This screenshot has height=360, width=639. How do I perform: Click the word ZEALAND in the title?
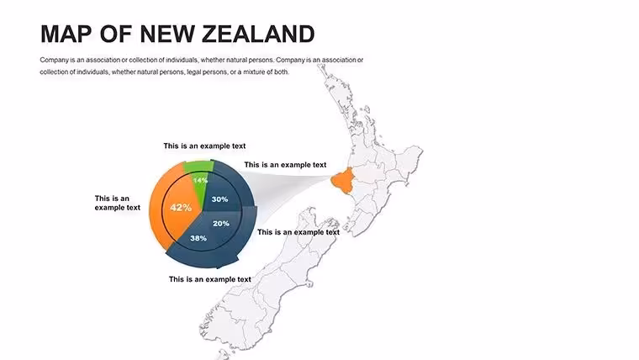click(258, 34)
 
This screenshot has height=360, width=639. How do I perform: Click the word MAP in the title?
click(66, 34)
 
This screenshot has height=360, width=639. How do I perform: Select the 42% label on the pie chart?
click(181, 208)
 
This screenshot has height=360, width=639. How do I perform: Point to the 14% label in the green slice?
click(200, 180)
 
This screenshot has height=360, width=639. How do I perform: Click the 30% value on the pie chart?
click(219, 199)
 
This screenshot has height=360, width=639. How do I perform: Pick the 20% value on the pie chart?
click(221, 224)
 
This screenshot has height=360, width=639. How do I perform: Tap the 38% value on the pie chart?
click(198, 238)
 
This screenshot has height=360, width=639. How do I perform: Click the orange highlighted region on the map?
click(343, 182)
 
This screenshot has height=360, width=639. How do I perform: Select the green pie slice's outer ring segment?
click(198, 166)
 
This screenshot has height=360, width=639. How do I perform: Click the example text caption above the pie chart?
click(204, 146)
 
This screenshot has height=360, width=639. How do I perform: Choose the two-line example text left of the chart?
click(118, 203)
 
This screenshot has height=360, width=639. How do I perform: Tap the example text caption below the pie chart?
click(210, 279)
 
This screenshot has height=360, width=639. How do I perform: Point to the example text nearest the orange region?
click(285, 165)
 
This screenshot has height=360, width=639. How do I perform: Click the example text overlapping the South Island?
click(298, 232)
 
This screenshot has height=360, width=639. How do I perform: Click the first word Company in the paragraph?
click(54, 60)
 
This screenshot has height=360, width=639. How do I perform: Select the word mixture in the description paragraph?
click(253, 71)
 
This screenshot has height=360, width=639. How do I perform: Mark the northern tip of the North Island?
click(320, 66)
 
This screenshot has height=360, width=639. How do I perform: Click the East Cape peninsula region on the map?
click(409, 160)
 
